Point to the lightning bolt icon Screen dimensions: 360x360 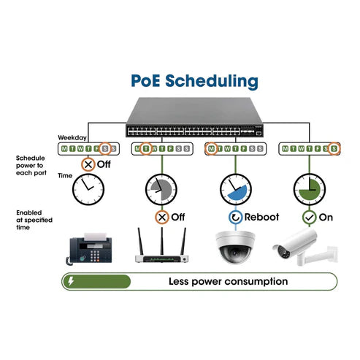point(71,281)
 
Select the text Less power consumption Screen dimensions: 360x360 point(228,281)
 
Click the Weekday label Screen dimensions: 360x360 point(72,137)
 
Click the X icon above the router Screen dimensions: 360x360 point(161,217)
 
